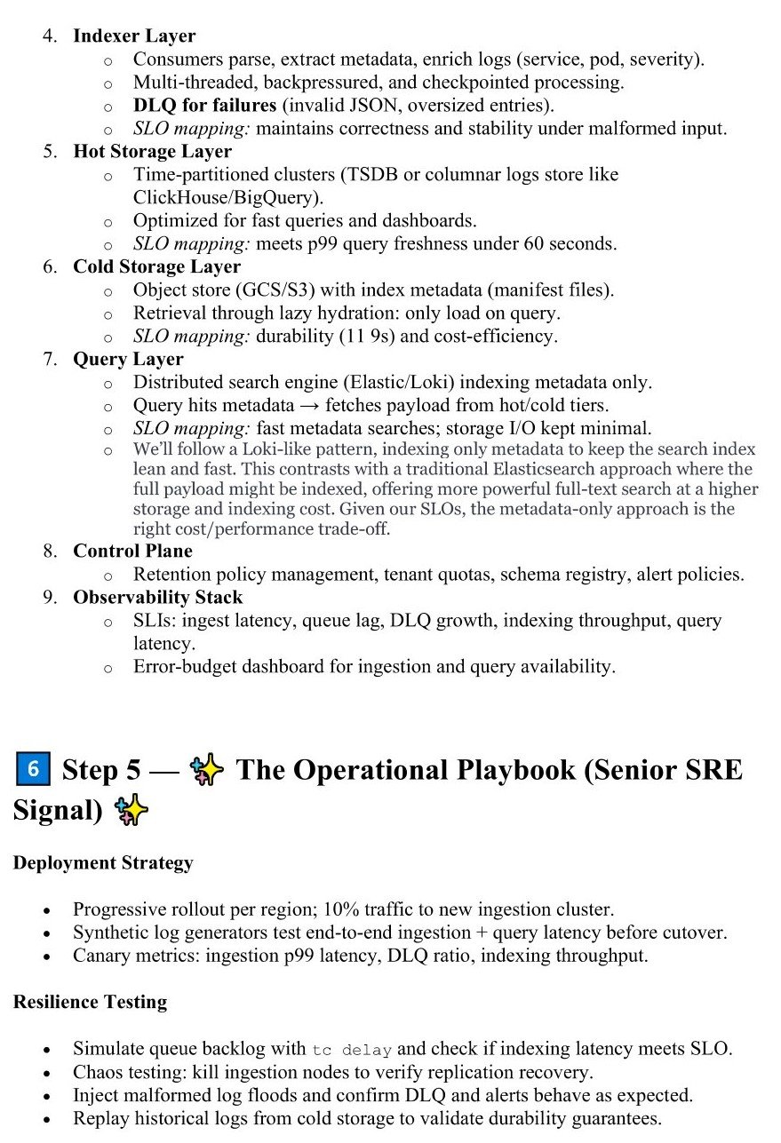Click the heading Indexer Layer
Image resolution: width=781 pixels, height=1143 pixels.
(134, 36)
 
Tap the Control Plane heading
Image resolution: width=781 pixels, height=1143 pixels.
(132, 551)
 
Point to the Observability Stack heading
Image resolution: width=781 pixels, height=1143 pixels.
(157, 597)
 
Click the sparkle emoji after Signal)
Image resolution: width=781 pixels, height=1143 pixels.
(131, 810)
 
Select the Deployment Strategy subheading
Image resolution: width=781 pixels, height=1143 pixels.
(102, 863)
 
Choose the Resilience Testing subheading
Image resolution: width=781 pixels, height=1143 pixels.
(90, 1002)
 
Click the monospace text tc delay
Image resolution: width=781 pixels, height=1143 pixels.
(352, 1049)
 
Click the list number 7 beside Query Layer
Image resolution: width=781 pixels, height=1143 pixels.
(49, 360)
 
